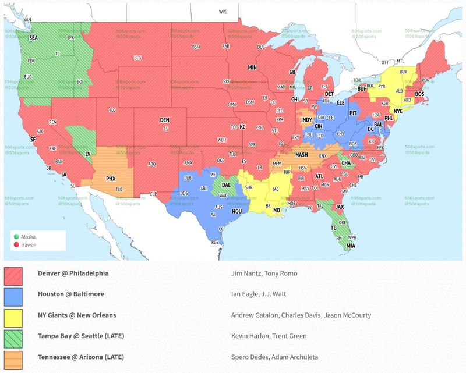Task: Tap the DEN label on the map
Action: (x=165, y=120)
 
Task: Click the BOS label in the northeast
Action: (x=419, y=94)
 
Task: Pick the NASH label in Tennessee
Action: (x=302, y=155)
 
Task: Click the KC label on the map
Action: (x=243, y=126)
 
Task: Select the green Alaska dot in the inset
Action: (x=16, y=237)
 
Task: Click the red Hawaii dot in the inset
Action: (x=16, y=244)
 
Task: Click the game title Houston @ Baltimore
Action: (x=71, y=294)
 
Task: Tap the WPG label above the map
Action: (x=223, y=12)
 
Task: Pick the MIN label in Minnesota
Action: (x=252, y=68)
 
